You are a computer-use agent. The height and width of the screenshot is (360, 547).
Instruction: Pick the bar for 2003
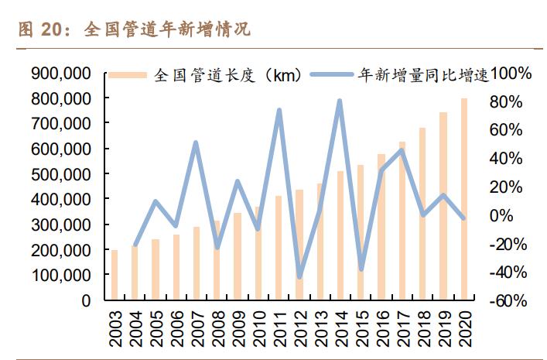click(115, 275)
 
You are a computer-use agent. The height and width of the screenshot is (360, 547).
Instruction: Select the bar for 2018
click(422, 214)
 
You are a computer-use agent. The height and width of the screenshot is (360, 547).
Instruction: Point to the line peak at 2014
click(340, 101)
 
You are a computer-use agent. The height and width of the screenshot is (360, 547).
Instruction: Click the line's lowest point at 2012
click(299, 276)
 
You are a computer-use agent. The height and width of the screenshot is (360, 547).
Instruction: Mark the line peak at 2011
click(279, 111)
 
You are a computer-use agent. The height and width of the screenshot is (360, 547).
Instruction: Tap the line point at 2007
click(196, 143)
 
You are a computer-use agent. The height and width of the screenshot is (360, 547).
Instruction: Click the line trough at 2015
click(361, 269)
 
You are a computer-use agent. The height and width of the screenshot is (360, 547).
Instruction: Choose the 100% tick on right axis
click(511, 74)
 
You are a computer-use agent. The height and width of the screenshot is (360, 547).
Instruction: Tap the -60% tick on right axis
click(511, 300)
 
